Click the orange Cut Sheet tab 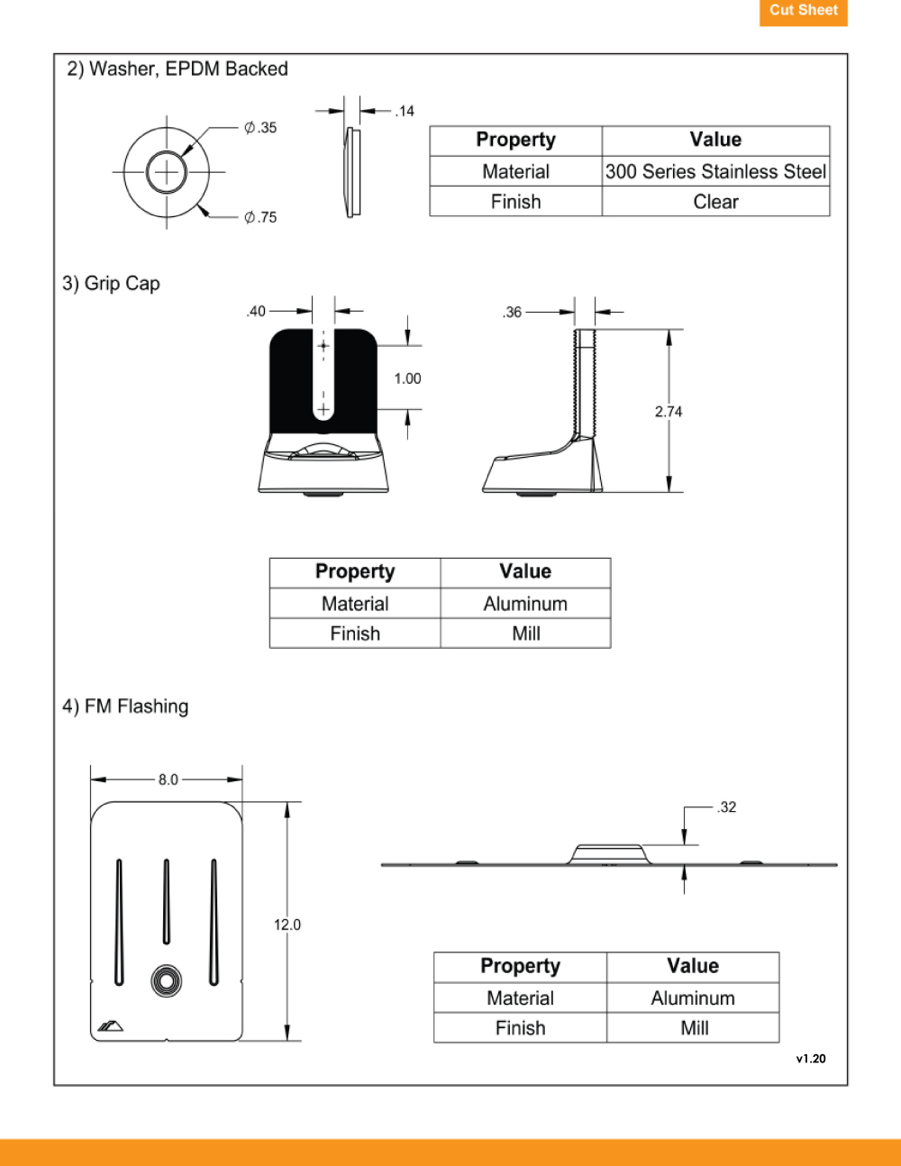(x=803, y=12)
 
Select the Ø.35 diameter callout (x=260, y=128)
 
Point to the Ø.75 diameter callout (x=260, y=217)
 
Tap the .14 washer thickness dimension (x=405, y=111)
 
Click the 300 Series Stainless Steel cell (x=715, y=172)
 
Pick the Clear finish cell (x=715, y=202)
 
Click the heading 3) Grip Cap (x=111, y=283)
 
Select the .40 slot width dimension (x=256, y=311)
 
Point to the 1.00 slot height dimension (x=407, y=378)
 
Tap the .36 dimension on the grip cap (x=512, y=313)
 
